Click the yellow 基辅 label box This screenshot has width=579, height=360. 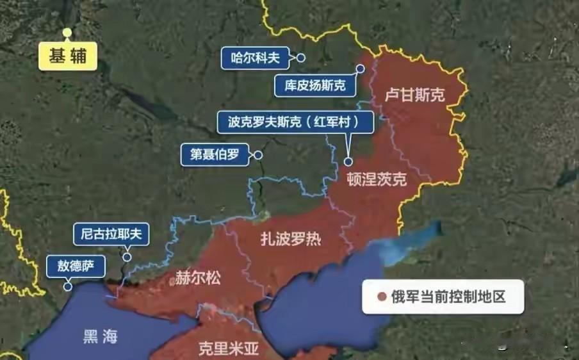pos(67,56)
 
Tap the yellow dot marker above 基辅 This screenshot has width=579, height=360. pos(67,32)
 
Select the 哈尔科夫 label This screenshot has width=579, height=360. pos(255,58)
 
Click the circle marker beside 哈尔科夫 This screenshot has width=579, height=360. pos(300,58)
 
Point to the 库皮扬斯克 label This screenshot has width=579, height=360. pos(315,85)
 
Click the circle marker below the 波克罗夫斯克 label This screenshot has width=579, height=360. pos(349,161)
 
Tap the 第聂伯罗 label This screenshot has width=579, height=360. pos(214,155)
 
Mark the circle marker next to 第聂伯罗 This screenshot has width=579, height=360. pos(258,155)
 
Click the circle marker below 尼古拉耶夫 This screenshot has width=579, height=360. pos(127,258)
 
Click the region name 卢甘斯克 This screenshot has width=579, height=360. pos(414,96)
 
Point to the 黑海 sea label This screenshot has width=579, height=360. pos(101,336)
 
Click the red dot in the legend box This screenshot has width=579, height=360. pos(382,297)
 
